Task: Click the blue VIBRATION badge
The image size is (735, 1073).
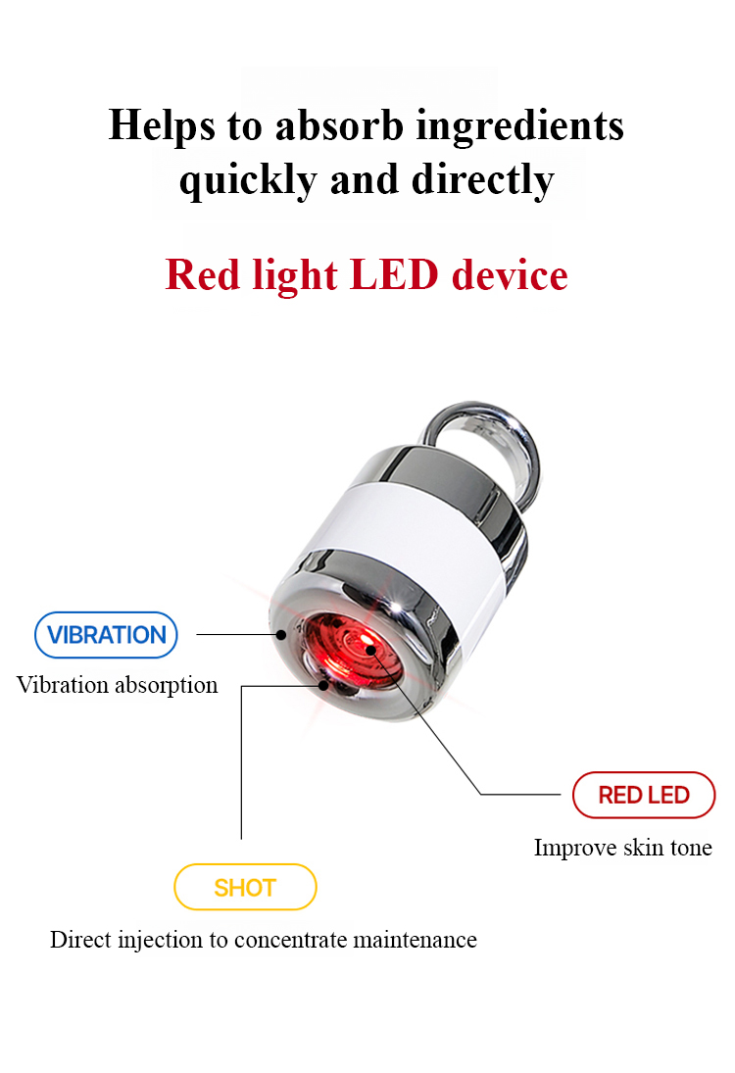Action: point(106,635)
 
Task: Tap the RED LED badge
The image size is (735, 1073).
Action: point(644,795)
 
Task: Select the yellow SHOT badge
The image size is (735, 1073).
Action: point(246,888)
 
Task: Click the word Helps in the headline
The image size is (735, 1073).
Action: point(162,125)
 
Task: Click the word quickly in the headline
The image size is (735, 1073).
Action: point(248,180)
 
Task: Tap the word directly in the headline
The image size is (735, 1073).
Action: point(482,180)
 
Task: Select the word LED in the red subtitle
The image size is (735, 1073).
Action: point(394,275)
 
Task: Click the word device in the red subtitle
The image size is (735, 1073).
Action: point(510,275)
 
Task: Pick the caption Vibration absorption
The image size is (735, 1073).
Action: point(117,685)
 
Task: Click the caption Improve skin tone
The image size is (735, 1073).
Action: point(622,848)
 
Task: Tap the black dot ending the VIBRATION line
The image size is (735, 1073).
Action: point(281,635)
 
